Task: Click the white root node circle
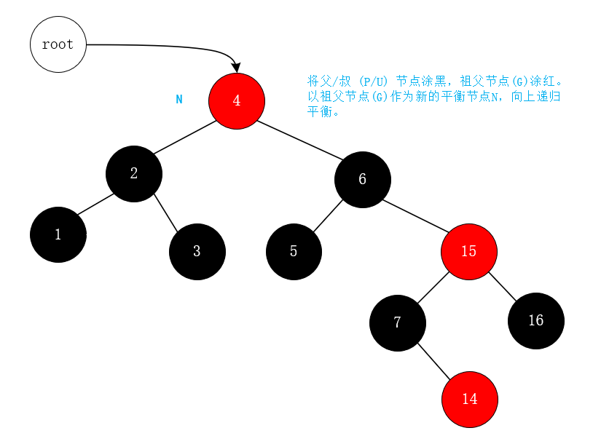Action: pyautogui.click(x=58, y=44)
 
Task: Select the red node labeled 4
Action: pyautogui.click(x=237, y=100)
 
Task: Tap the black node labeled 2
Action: pyautogui.click(x=134, y=173)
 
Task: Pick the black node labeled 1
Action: pyautogui.click(x=58, y=234)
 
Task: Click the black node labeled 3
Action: pyautogui.click(x=197, y=252)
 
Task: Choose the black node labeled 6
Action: pyautogui.click(x=363, y=179)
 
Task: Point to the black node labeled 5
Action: pyautogui.click(x=294, y=252)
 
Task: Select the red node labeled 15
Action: pyautogui.click(x=469, y=251)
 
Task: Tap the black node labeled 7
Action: pyautogui.click(x=397, y=322)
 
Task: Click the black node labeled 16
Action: pyautogui.click(x=536, y=320)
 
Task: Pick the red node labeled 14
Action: pyautogui.click(x=470, y=399)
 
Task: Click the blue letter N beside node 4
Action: pyautogui.click(x=179, y=99)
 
